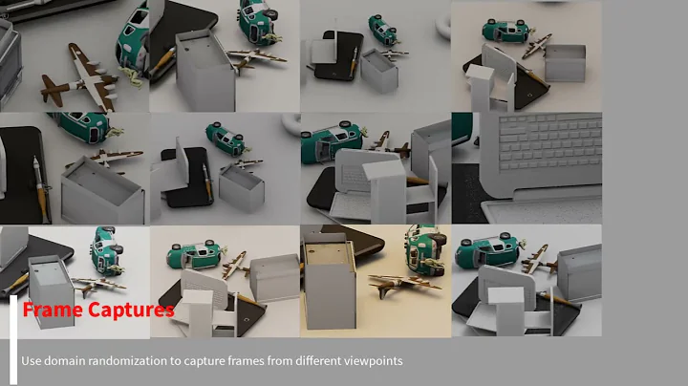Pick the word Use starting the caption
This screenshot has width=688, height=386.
point(32,361)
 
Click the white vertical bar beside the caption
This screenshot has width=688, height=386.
point(13,338)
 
